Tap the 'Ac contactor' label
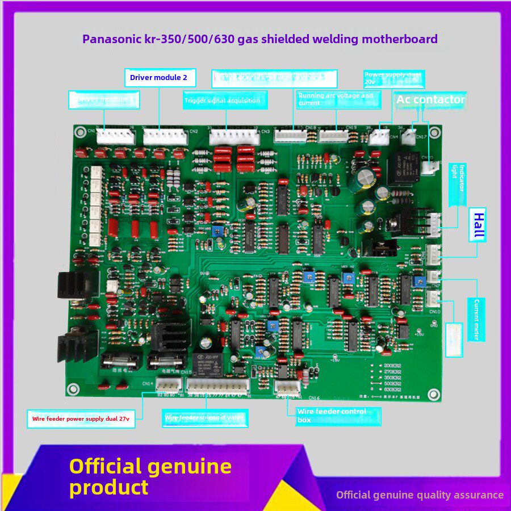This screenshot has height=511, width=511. coord(430,100)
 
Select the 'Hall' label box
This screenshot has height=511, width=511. coord(479,225)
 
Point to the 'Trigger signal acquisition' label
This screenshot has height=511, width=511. coord(225,101)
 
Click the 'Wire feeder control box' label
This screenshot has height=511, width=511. coord(338,416)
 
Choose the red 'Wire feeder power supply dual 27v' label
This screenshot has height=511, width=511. coord(81,419)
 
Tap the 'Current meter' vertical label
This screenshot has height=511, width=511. coord(476,319)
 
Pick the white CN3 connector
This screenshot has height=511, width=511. coord(234,137)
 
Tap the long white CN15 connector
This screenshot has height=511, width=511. coord(217,387)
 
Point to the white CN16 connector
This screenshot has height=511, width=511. coord(287,387)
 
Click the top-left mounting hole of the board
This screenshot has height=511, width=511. coord(81,133)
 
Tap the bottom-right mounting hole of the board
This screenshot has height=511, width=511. coord(434,393)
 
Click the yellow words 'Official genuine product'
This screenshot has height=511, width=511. coord(150,477)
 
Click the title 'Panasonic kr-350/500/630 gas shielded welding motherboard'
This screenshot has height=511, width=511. coord(260,39)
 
